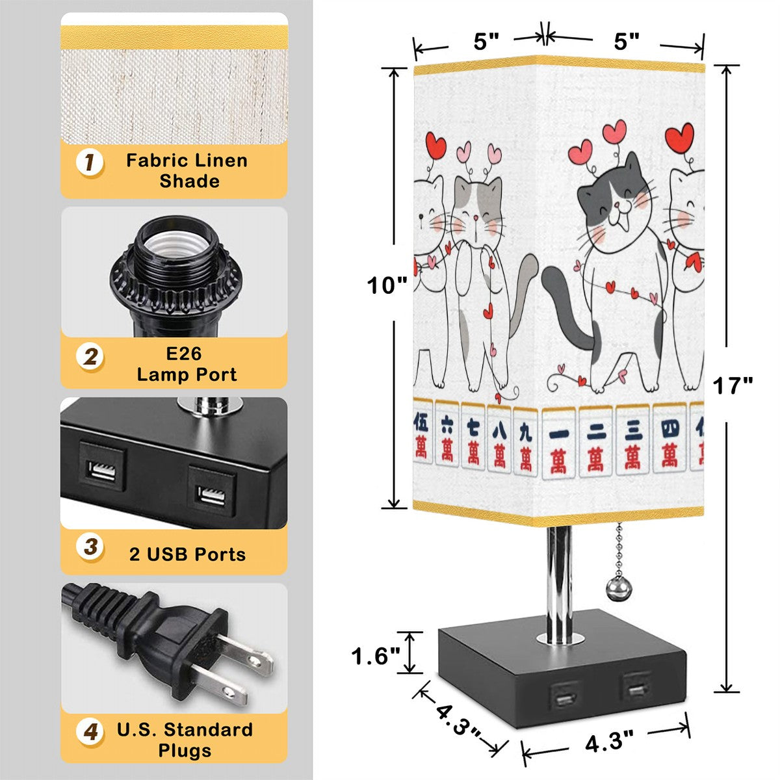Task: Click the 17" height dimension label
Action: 733,385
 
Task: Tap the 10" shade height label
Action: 387,285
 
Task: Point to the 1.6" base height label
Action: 375,656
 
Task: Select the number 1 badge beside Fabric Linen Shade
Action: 89,162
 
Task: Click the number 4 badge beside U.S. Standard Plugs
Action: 90,731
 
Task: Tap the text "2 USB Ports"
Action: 187,554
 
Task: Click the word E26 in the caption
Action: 184,354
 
